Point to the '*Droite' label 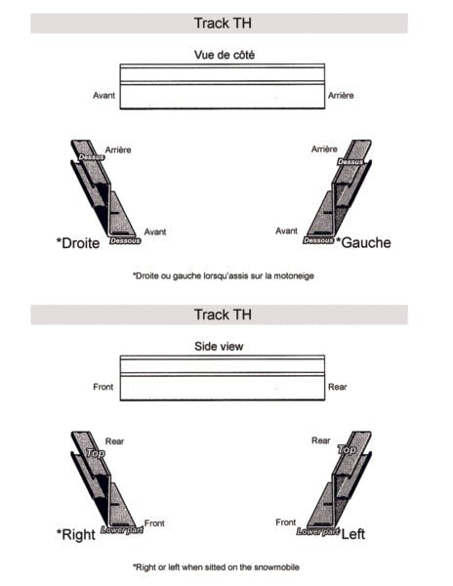click(x=78, y=242)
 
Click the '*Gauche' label click(x=363, y=241)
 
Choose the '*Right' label click(x=75, y=534)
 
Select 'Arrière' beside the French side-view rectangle click(x=342, y=96)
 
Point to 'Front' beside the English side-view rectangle click(x=103, y=387)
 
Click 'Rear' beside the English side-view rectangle click(x=337, y=387)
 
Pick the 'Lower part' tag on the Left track click(x=317, y=531)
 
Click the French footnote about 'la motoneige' click(x=223, y=276)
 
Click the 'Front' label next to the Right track click(x=154, y=523)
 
